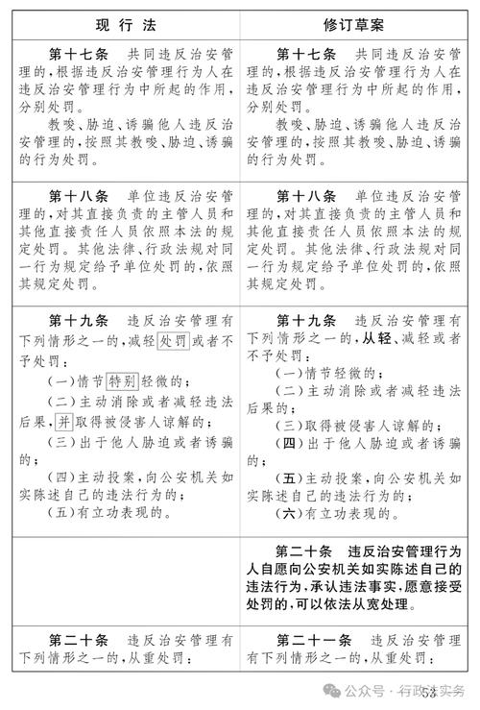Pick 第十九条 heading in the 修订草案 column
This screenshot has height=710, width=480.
click(x=307, y=320)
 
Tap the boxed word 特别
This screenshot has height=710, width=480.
click(x=122, y=381)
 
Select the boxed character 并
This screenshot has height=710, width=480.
click(x=62, y=422)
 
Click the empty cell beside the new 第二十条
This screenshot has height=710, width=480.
click(x=124, y=579)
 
